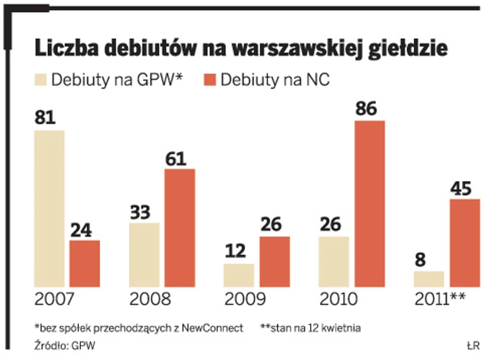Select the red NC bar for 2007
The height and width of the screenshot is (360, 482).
point(84,263)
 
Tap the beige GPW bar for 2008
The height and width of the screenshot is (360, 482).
point(144,255)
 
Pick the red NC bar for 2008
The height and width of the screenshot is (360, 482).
point(179,228)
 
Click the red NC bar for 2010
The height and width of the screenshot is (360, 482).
point(369,204)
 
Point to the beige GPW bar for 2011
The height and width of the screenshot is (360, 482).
point(429,279)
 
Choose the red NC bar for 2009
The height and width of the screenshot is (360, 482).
point(274,261)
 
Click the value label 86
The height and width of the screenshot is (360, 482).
point(369,110)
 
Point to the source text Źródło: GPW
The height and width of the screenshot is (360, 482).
point(65,346)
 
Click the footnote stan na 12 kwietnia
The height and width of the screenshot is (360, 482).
point(311,328)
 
